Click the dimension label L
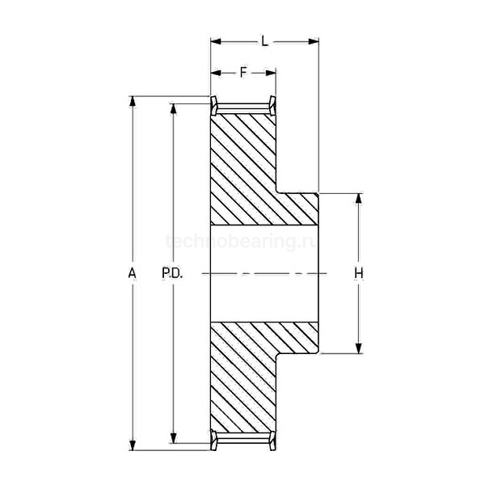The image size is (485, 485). (x=264, y=38)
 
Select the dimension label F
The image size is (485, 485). (x=243, y=73)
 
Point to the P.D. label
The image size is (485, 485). (x=172, y=273)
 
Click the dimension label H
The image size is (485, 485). (x=359, y=273)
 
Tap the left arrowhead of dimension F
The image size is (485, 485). (x=215, y=73)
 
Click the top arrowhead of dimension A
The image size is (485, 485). (x=133, y=101)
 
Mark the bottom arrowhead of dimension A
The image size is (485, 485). (x=133, y=445)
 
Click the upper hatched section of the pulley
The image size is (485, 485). (x=247, y=170)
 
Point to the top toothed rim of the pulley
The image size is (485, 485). (x=243, y=106)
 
